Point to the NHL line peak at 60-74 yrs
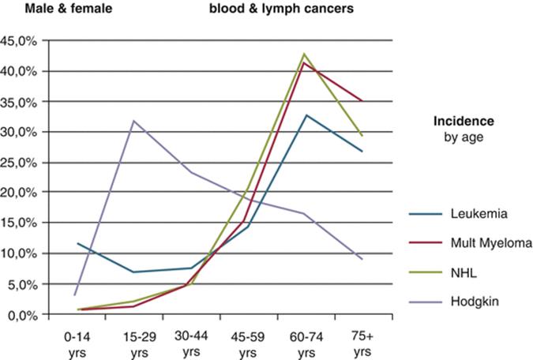click(304, 54)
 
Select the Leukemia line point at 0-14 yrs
click(77, 243)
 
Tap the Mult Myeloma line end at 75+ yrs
click(361, 101)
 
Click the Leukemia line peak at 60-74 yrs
click(305, 115)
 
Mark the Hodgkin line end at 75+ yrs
click(361, 259)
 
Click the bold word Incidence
click(464, 122)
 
